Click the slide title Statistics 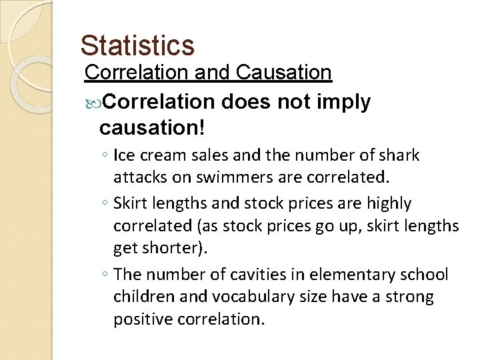coord(137,45)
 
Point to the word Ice coord(124,156)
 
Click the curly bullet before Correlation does coord(93,103)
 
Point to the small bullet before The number coord(106,275)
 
